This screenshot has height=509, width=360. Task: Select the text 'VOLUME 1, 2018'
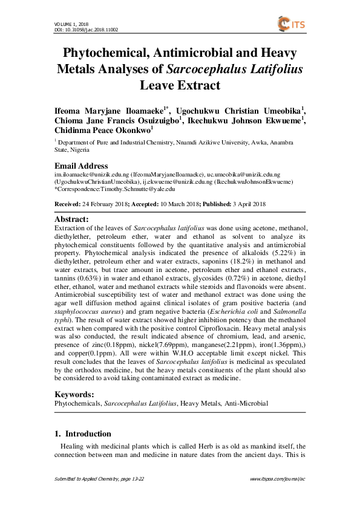tap(63, 23)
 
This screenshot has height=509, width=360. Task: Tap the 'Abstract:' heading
tap(72, 219)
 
